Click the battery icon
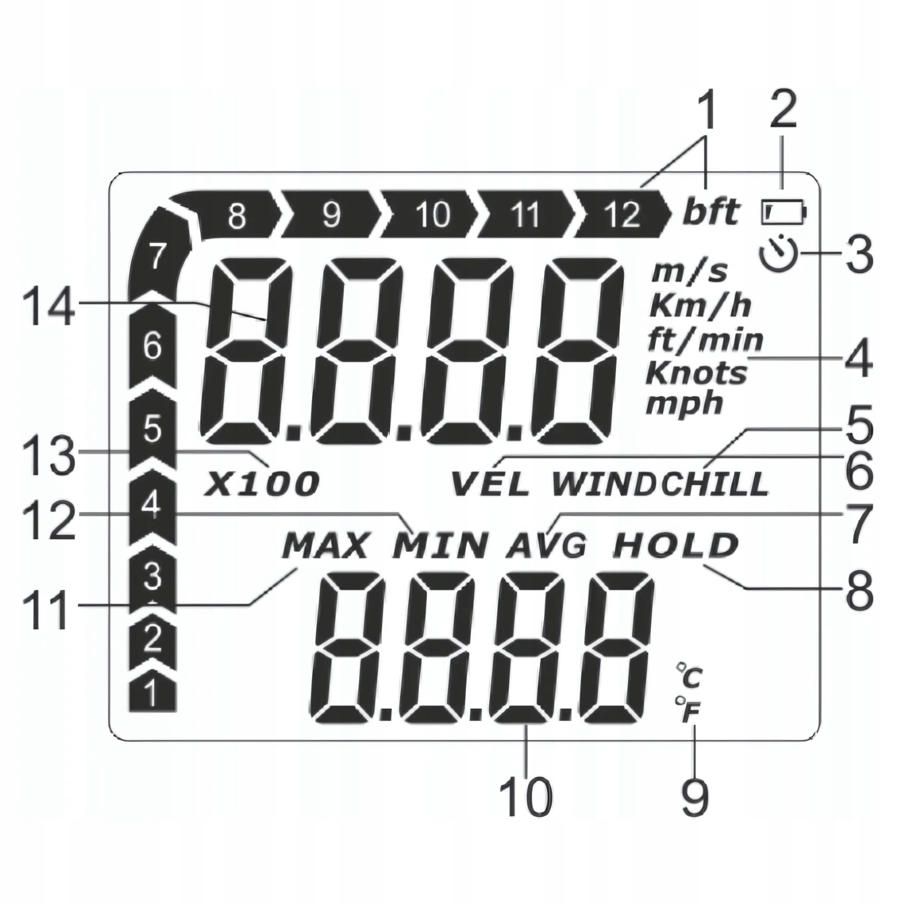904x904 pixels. tap(784, 212)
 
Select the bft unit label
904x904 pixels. tap(711, 212)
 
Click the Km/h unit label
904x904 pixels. tap(700, 306)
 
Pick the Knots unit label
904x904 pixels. tap(696, 373)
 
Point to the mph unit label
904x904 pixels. tap(684, 403)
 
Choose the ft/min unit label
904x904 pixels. tap(705, 341)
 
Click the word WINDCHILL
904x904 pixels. tap(661, 484)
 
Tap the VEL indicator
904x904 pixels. tap(491, 484)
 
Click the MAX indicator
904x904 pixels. tap(325, 547)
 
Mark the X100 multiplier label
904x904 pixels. tap(262, 484)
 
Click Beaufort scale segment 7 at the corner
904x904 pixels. tap(155, 256)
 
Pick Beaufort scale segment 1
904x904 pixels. tap(152, 695)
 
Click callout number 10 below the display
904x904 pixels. tap(526, 797)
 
